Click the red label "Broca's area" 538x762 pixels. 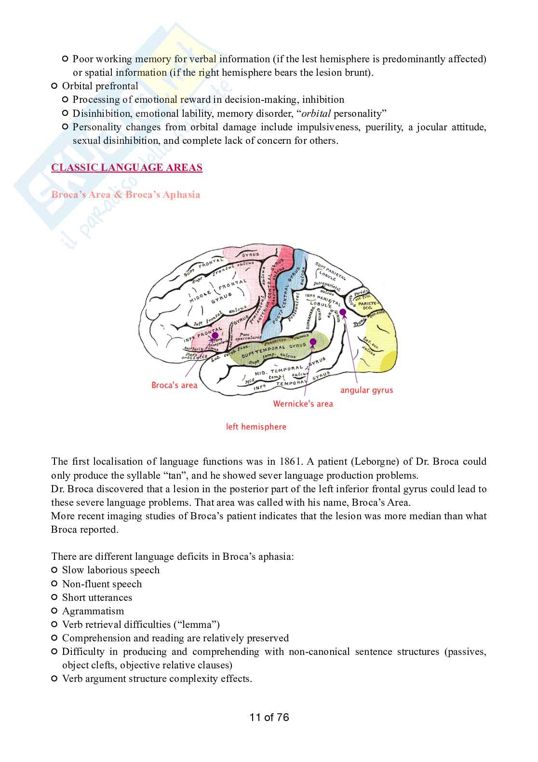coord(174,385)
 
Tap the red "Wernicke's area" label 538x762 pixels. coord(303,403)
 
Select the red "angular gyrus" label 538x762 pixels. coord(366,390)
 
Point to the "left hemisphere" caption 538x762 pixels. coord(256,427)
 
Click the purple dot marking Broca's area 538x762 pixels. coord(215,335)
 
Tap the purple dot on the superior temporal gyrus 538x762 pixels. coord(313,342)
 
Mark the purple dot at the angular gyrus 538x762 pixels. coord(343,313)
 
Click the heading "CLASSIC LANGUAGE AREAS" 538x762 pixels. coord(127,167)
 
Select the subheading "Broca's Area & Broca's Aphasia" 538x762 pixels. coord(125,194)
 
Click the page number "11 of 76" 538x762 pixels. coord(269,717)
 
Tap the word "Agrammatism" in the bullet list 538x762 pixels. coord(93,611)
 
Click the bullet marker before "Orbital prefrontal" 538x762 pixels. coord(54,86)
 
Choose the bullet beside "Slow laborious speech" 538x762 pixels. coord(54,570)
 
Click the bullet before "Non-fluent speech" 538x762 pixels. coord(54,584)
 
